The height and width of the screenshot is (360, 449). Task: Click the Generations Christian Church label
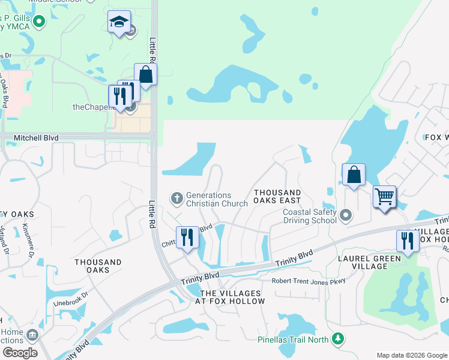pyautogui.click(x=217, y=199)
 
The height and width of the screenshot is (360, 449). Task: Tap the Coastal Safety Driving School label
pyautogui.click(x=310, y=215)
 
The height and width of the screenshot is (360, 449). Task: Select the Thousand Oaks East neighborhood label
pyautogui.click(x=277, y=197)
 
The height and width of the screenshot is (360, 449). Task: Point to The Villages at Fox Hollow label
pyautogui.click(x=232, y=297)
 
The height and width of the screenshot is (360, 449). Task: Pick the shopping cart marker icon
pyautogui.click(x=384, y=196)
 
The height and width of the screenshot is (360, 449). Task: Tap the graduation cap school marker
pyautogui.click(x=119, y=22)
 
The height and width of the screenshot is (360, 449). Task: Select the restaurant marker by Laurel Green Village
pyautogui.click(x=408, y=241)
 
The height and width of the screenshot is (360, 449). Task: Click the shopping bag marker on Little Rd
pyautogui.click(x=145, y=74)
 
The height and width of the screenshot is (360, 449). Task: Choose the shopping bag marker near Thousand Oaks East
pyautogui.click(x=354, y=175)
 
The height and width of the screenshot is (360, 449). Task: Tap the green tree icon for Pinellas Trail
pyautogui.click(x=338, y=340)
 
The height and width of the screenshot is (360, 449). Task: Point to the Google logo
pyautogui.click(x=20, y=353)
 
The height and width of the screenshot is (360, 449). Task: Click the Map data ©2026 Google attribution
pyautogui.click(x=412, y=355)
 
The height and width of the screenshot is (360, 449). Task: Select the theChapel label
pyautogui.click(x=93, y=107)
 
